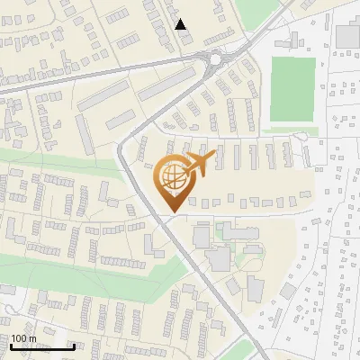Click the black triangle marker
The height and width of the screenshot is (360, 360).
[181, 24]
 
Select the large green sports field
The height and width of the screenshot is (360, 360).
[291, 90]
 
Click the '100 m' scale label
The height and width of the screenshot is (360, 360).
[24, 338]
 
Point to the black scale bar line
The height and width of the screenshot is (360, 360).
[41, 346]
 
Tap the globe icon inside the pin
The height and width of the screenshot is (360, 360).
[171, 178]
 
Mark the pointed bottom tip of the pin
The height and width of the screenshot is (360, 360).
[171, 211]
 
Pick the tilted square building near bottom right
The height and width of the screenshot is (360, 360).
[287, 292]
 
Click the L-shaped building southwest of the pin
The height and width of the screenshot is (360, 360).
[149, 244]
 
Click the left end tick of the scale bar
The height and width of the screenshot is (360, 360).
[11, 345]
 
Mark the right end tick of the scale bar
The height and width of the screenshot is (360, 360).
[73, 345]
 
